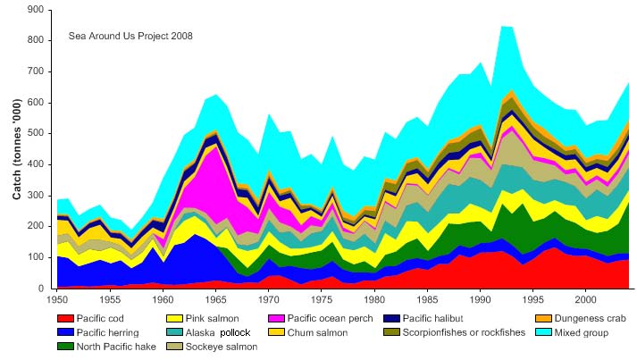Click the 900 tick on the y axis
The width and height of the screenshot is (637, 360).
(35, 10)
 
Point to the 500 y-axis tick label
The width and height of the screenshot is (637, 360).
(35, 134)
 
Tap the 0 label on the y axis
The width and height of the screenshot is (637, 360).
(41, 289)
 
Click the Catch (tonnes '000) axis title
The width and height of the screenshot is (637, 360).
(17, 150)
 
